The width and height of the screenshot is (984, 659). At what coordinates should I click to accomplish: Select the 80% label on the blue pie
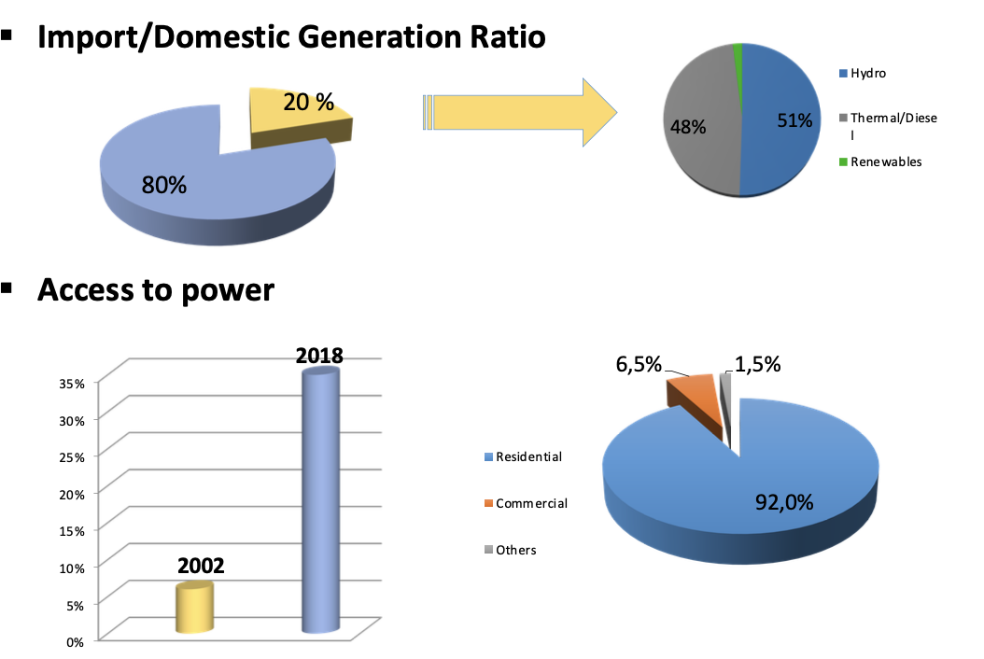tap(164, 185)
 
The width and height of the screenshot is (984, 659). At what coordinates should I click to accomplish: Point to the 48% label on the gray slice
tap(687, 127)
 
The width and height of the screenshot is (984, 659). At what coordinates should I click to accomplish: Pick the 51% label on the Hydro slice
tap(795, 119)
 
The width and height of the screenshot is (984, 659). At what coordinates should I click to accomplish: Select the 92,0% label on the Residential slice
tap(784, 502)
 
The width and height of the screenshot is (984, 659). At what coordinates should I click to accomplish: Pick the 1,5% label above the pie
tap(757, 365)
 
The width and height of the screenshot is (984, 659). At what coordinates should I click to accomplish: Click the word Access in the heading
tap(84, 289)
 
